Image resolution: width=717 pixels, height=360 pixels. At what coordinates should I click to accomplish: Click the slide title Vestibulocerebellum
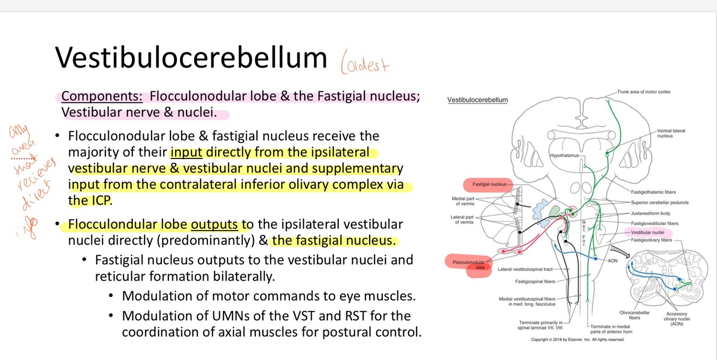coord(191,57)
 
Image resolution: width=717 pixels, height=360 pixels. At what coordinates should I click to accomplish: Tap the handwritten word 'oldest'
coord(365,65)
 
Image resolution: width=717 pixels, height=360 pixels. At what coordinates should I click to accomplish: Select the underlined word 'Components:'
coord(102,96)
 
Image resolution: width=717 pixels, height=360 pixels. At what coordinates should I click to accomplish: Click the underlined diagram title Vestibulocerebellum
coord(477,100)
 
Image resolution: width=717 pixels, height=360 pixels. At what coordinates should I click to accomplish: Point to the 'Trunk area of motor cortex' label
coord(643,92)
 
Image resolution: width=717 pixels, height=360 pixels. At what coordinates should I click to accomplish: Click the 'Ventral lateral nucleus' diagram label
coord(671,133)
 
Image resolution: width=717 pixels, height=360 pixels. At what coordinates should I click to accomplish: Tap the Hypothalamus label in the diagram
coord(564,155)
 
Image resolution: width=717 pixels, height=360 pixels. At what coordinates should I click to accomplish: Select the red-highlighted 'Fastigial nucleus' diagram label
coord(489,184)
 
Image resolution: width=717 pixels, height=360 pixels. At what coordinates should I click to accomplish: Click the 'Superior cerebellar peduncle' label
coord(659,203)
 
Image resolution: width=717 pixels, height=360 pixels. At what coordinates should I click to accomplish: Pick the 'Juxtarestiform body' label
coord(650,213)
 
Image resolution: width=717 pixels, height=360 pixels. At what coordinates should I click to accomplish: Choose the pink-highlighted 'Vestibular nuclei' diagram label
coord(648,233)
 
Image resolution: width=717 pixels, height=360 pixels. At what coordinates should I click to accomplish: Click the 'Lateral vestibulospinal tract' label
coord(525,269)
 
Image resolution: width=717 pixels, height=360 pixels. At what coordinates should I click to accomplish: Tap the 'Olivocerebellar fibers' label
coord(634,315)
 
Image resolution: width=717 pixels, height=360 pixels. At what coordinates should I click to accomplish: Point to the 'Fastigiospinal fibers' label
coord(535,281)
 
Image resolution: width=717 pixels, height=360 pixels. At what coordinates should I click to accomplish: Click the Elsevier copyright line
coord(577,340)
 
